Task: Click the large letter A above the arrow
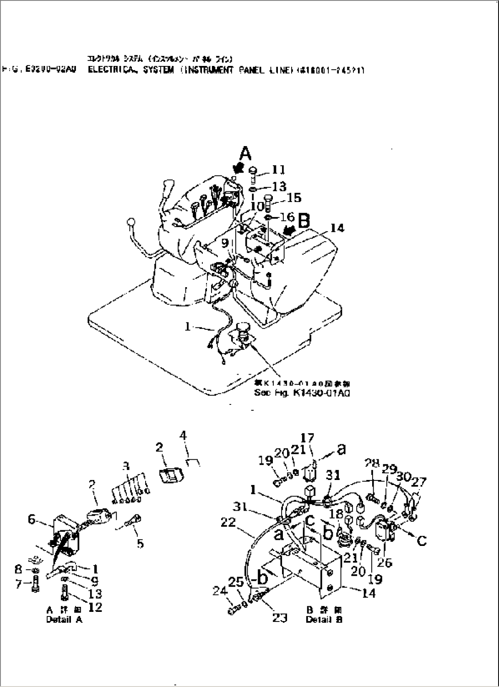point(246,153)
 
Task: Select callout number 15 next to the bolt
point(293,197)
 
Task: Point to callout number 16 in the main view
point(287,216)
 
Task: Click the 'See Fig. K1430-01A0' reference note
point(302,393)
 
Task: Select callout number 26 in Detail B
point(385,562)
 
